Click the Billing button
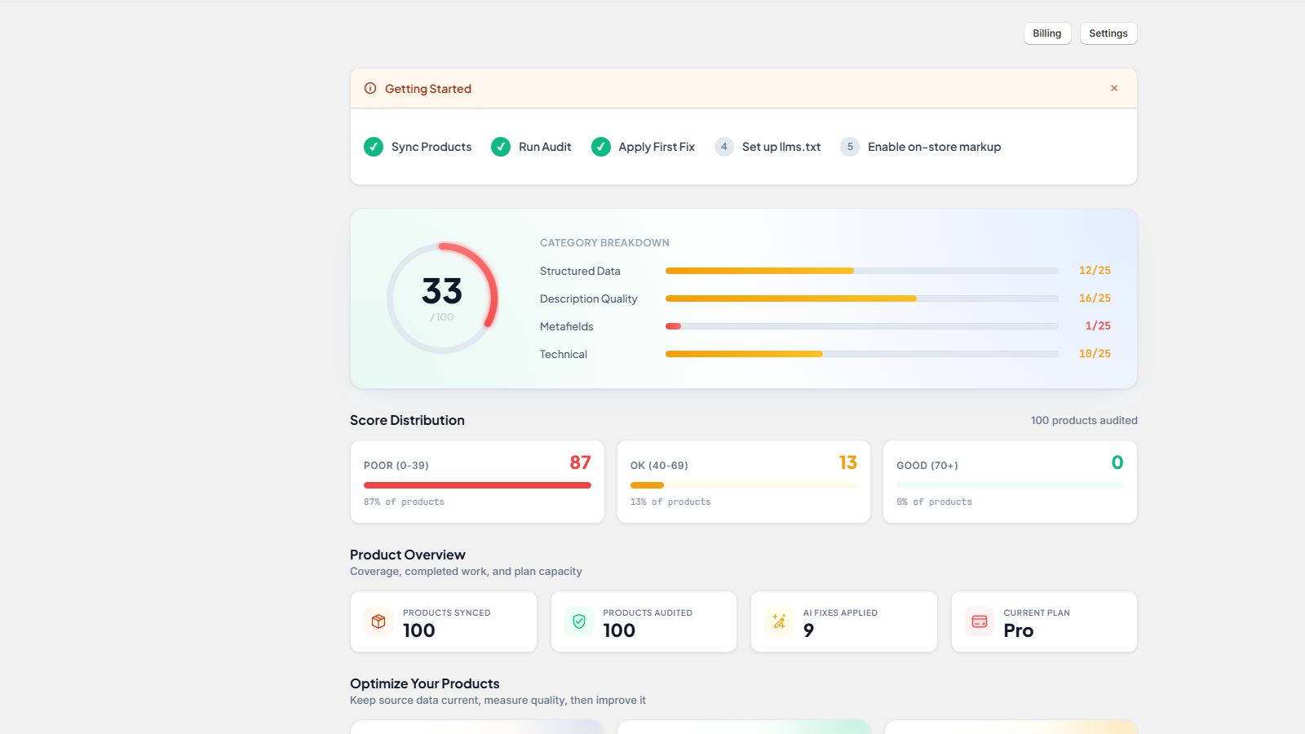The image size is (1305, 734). click(x=1047, y=33)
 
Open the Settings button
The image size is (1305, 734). click(x=1108, y=33)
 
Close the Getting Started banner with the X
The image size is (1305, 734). click(x=1114, y=88)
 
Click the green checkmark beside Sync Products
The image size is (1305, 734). click(x=374, y=147)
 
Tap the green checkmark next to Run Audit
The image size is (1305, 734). click(x=501, y=147)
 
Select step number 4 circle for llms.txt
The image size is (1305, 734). click(x=723, y=147)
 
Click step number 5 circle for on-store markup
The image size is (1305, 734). click(x=849, y=147)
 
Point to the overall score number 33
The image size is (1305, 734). click(x=441, y=290)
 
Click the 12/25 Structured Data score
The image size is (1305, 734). click(x=1095, y=270)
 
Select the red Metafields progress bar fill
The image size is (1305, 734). click(x=673, y=326)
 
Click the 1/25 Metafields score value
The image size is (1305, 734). click(x=1098, y=325)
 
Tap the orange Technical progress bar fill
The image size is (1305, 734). click(x=744, y=354)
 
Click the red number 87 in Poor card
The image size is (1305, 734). click(x=580, y=462)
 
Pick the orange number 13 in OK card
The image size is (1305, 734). click(x=847, y=462)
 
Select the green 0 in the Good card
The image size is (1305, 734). click(x=1117, y=462)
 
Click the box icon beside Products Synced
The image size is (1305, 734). click(x=378, y=621)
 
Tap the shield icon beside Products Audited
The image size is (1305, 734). click(x=578, y=621)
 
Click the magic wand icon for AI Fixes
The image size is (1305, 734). click(x=779, y=621)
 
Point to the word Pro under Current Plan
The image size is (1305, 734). click(x=1019, y=630)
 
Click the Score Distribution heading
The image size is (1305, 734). click(x=407, y=420)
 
